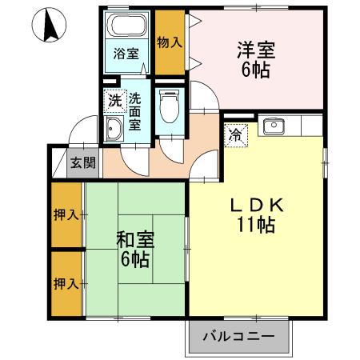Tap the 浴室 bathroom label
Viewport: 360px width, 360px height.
click(x=126, y=54)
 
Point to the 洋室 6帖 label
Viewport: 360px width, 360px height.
click(x=256, y=59)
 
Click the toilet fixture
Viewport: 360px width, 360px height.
click(x=169, y=103)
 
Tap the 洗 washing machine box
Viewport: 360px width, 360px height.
click(x=114, y=101)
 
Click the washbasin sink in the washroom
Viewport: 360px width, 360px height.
click(x=113, y=130)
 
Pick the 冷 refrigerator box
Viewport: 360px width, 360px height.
click(x=236, y=135)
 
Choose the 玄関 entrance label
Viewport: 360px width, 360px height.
click(x=82, y=163)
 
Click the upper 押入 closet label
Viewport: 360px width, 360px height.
click(x=66, y=214)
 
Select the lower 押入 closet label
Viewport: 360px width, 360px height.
click(x=66, y=283)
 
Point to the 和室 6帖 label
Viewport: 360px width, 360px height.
click(x=134, y=249)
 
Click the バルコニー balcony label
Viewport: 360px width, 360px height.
click(x=238, y=336)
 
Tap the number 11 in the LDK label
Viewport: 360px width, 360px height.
click(x=246, y=226)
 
